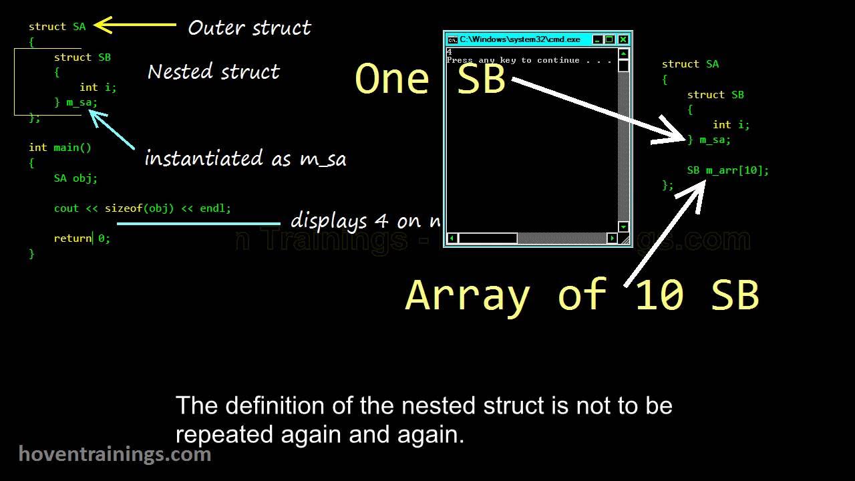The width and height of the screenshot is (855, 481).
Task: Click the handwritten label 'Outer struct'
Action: [x=249, y=28]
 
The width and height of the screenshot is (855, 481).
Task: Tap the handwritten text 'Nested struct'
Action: [x=213, y=72]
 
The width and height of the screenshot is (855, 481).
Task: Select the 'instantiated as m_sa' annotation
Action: [x=245, y=159]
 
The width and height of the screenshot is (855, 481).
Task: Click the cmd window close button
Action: [x=623, y=39]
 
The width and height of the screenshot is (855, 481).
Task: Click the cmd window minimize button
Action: [x=598, y=39]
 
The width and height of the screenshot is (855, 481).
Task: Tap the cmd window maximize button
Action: [x=610, y=39]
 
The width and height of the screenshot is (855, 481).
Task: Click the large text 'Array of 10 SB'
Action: [x=582, y=295]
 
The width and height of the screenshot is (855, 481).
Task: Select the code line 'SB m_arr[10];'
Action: [x=728, y=170]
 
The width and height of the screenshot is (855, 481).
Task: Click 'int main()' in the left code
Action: [x=60, y=148]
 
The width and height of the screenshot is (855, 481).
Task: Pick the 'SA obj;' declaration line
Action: [x=75, y=178]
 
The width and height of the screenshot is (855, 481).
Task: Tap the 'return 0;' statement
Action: [x=82, y=238]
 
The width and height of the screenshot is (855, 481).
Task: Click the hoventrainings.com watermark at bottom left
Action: [x=115, y=455]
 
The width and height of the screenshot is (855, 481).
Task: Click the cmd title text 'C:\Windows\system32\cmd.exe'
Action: [x=520, y=39]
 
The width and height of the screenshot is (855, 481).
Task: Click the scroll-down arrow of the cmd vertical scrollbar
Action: [x=623, y=227]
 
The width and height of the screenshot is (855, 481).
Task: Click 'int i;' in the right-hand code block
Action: [x=731, y=125]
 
